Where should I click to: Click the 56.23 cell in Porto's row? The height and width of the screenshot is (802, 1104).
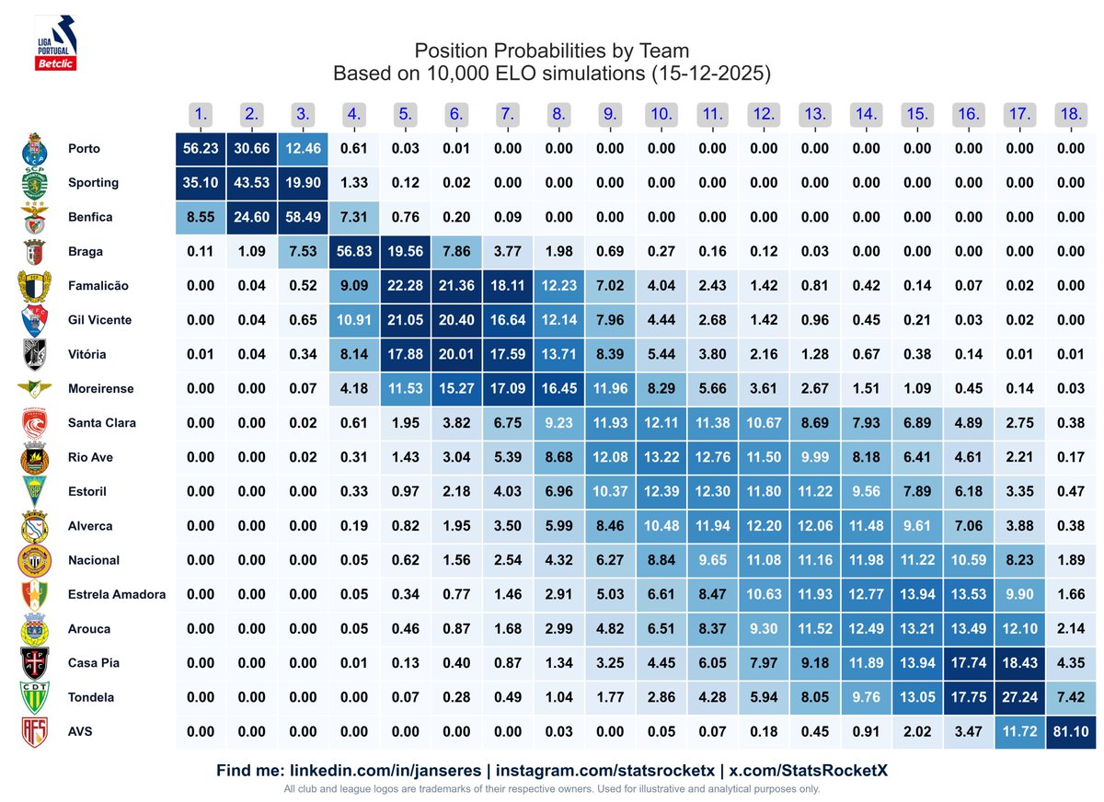pos(201,149)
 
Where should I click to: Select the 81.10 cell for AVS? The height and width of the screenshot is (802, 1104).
pos(1070,732)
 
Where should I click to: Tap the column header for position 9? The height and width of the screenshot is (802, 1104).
pos(610,115)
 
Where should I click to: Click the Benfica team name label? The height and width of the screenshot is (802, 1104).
pos(90,217)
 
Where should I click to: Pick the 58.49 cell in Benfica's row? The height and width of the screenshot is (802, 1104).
pos(303,217)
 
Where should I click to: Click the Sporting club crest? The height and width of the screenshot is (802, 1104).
pos(35,182)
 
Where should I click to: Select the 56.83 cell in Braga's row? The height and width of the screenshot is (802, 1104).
pos(354,252)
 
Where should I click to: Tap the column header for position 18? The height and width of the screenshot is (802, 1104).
pos(1070,115)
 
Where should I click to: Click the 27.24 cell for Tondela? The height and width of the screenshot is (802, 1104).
pos(1018,697)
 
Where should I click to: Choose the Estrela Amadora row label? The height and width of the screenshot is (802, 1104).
pos(117,594)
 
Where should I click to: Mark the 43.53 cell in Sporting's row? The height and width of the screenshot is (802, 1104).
pos(252,183)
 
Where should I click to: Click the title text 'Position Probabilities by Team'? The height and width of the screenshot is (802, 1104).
pos(551,51)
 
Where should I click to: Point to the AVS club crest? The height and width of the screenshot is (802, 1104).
pos(35,732)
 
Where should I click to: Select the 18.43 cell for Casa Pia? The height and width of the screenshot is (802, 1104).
pos(1018,663)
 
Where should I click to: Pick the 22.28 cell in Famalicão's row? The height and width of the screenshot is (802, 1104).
pos(405,286)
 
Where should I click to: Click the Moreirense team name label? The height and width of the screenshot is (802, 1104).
pos(100,389)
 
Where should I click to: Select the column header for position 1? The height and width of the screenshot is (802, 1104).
pos(201,115)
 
